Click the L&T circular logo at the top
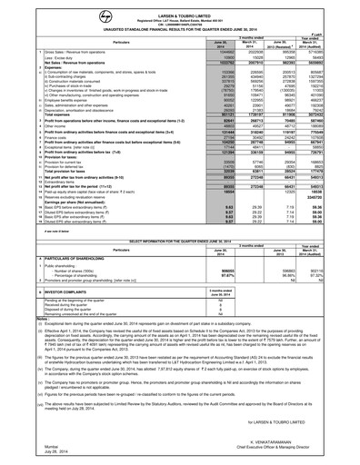(x=180, y=8)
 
